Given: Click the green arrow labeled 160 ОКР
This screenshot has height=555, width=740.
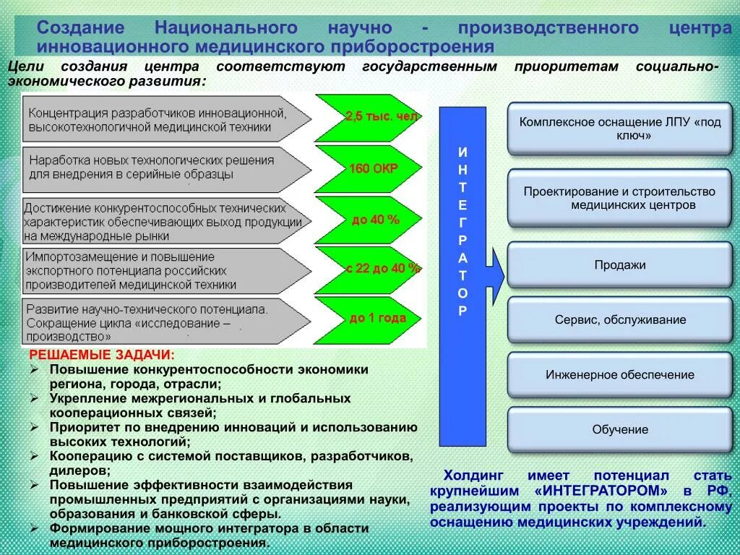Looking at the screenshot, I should (x=371, y=168).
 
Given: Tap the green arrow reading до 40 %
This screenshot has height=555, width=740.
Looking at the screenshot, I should (x=373, y=219).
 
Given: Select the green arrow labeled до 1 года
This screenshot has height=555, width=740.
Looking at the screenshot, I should (x=373, y=318).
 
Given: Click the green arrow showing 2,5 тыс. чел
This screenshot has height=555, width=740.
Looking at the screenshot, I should (x=371, y=117).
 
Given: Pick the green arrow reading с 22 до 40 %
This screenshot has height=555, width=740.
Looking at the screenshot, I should (x=373, y=268).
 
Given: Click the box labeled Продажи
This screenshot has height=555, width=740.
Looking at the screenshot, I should (x=619, y=265).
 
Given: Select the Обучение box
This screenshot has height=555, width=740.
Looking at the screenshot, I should (x=619, y=430).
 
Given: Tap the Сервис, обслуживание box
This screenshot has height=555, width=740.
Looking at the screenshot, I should (x=619, y=319).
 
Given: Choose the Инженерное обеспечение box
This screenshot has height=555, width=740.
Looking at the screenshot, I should (x=619, y=375).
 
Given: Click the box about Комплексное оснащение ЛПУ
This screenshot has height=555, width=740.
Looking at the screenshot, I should (x=619, y=129).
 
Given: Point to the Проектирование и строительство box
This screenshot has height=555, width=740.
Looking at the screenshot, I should (x=619, y=198).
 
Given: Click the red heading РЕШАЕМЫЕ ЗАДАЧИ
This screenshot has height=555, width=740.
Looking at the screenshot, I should (x=101, y=356).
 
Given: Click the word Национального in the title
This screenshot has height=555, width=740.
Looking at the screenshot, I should (x=225, y=28).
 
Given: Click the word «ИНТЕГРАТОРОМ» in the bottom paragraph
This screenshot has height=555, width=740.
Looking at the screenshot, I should (x=602, y=491).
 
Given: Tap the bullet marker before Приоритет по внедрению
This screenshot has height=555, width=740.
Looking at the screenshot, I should (x=35, y=427).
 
